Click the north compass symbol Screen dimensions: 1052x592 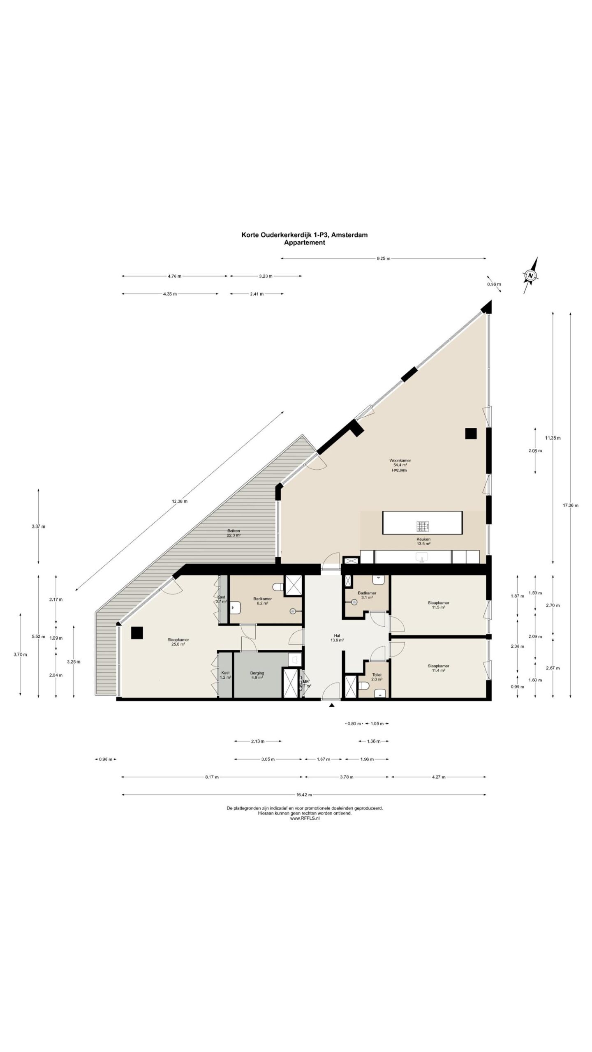coord(531,275)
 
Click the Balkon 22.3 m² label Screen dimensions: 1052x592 coord(234,533)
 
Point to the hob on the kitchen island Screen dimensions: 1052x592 coord(423,526)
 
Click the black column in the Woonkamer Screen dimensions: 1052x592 coord(471,434)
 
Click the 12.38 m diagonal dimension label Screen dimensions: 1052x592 coord(180,501)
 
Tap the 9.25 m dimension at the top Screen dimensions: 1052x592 coord(383,258)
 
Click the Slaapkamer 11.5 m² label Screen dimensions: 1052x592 coord(438,605)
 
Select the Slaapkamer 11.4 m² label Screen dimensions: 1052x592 coord(438,667)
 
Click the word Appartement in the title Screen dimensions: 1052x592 coord(305,242)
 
